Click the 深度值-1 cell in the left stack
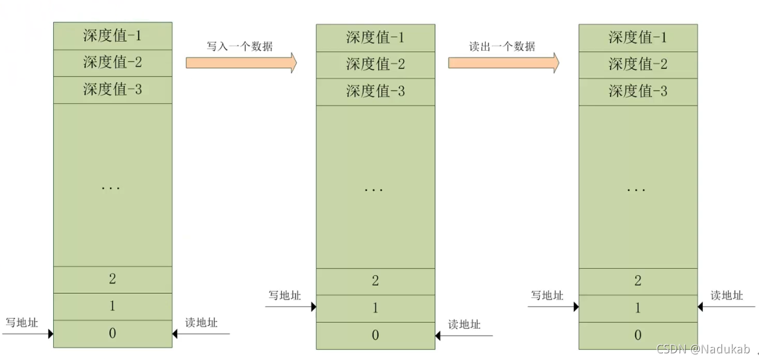[x=112, y=36]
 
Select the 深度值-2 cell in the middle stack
[x=375, y=64]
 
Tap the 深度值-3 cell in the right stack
[x=638, y=91]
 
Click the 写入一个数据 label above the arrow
[x=240, y=47]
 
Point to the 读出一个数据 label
[x=502, y=47]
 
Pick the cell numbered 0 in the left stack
[x=112, y=333]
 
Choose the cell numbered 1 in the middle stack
[x=375, y=308]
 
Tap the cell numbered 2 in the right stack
[x=638, y=281]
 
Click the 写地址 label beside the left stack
[x=22, y=323]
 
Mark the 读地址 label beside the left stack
[x=202, y=323]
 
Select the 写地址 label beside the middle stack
[x=284, y=295]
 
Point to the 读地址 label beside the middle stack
[x=464, y=325]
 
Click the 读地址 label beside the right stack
[x=726, y=295]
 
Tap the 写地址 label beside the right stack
[x=547, y=295]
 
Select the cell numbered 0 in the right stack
[x=638, y=335]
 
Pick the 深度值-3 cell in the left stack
[x=112, y=90]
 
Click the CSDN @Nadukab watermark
[x=703, y=349]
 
